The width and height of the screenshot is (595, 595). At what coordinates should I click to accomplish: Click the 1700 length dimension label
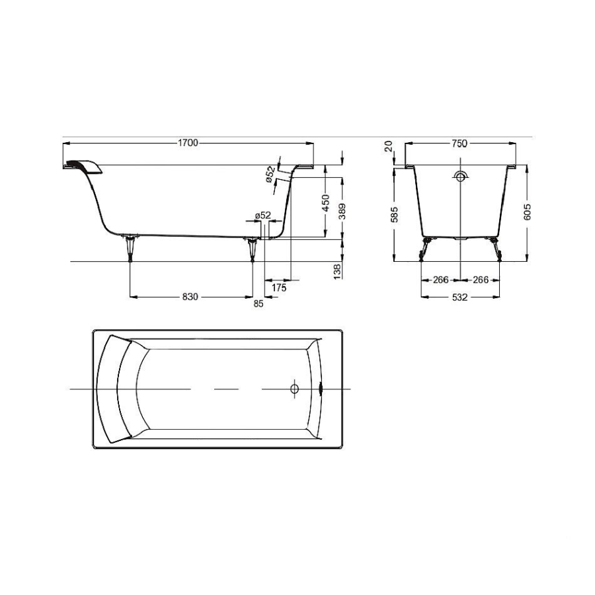(x=188, y=143)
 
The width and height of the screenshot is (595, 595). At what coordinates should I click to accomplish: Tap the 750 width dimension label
(x=459, y=143)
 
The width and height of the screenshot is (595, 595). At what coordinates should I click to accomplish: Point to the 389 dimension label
(x=342, y=211)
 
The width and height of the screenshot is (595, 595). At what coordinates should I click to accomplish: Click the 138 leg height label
(x=337, y=272)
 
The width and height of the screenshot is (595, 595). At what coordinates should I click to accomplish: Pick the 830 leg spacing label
(x=190, y=297)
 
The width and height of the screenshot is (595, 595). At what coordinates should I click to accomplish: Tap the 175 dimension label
(x=279, y=288)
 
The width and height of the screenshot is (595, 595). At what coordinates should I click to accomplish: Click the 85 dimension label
(x=258, y=303)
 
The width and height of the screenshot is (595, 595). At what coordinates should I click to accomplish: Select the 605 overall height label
(x=527, y=212)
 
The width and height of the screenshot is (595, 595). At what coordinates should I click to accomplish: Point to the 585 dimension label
(x=395, y=214)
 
